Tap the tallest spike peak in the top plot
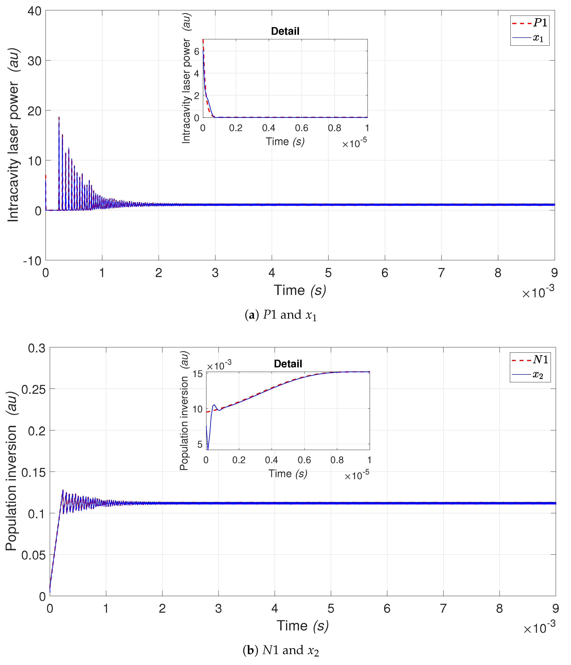[59, 118]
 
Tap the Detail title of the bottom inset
[288, 364]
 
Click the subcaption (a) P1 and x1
[281, 315]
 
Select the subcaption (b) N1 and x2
[281, 650]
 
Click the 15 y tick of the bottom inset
[198, 374]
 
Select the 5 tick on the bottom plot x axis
[331, 608]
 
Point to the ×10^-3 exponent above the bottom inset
[219, 365]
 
